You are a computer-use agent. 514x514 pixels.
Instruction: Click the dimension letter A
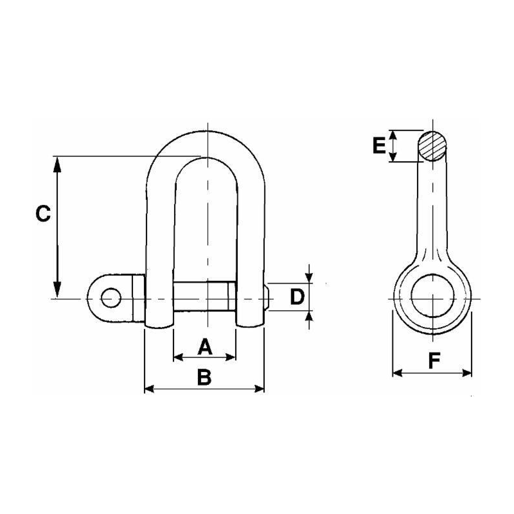click(204, 347)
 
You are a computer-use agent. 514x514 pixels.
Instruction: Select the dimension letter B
click(204, 378)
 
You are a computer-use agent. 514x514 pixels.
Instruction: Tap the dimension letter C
click(42, 214)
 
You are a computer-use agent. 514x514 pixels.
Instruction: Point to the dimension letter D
click(296, 297)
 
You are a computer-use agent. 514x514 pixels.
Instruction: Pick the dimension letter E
click(379, 146)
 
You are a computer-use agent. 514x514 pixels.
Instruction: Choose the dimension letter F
click(434, 361)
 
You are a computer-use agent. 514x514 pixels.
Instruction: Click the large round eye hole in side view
click(432, 297)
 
